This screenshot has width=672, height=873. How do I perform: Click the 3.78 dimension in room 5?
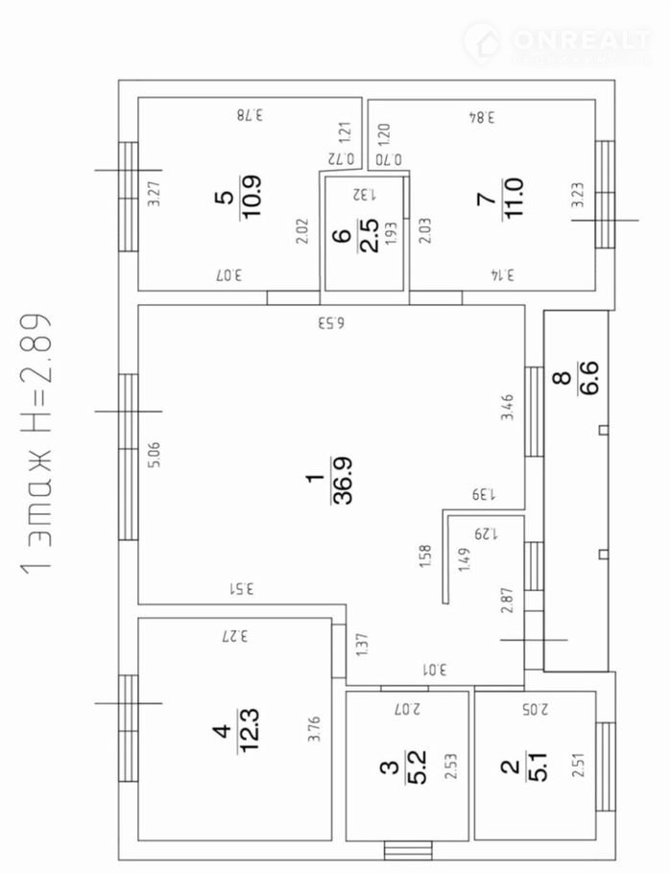[250, 115]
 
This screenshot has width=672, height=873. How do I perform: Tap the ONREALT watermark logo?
[558, 43]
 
